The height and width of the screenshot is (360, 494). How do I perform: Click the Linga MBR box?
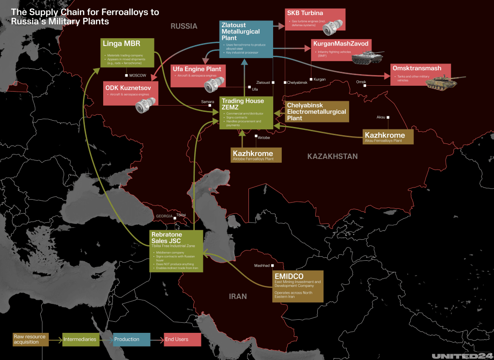point(127,52)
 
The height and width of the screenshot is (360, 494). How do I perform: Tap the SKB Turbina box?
point(315,20)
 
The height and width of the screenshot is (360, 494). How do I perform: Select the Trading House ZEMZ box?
point(246,112)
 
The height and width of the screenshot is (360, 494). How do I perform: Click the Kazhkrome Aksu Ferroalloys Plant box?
point(388,137)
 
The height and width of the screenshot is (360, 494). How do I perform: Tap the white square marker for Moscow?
point(126,76)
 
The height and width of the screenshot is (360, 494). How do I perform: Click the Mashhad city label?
point(263,266)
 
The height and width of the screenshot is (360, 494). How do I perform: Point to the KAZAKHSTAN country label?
point(332,156)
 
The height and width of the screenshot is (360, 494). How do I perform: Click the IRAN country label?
point(238,296)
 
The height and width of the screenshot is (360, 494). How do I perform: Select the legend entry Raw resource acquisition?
point(31,339)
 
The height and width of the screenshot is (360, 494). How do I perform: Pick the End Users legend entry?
point(182,339)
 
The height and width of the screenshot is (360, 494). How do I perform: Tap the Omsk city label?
point(361,82)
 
